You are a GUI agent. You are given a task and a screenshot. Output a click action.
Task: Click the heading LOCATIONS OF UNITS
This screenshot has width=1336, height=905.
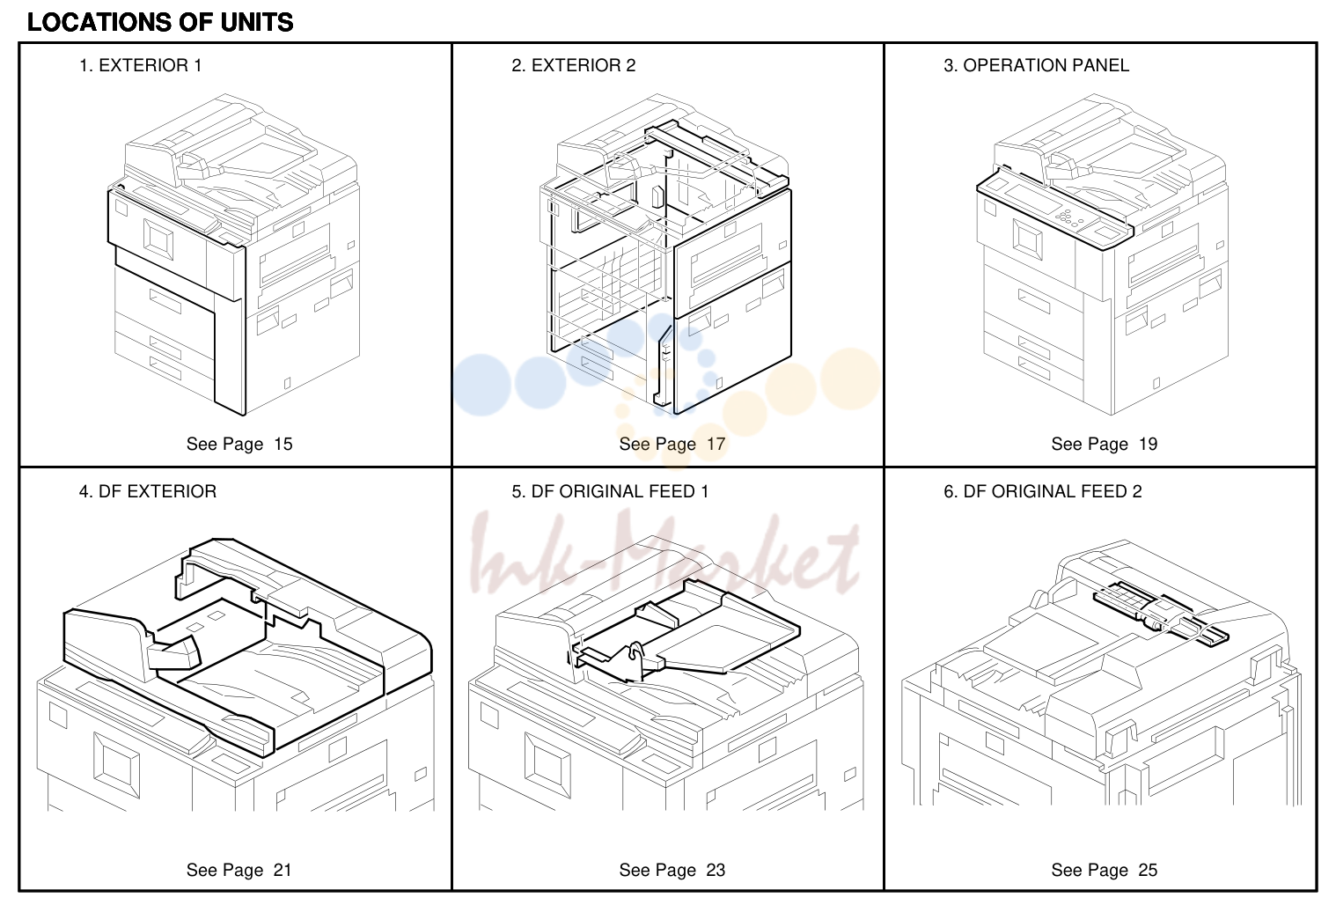(x=160, y=23)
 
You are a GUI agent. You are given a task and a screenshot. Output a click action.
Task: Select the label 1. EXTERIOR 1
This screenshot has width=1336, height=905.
(x=141, y=65)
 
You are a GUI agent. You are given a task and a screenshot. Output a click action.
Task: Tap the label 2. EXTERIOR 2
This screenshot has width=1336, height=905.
(x=574, y=65)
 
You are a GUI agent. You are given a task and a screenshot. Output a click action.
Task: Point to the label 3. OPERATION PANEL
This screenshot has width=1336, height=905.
(x=1037, y=65)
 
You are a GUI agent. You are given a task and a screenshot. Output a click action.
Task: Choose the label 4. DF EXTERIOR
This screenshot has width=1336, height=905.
(x=148, y=491)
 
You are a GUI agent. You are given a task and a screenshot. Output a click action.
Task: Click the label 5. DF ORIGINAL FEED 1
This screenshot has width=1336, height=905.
(x=610, y=491)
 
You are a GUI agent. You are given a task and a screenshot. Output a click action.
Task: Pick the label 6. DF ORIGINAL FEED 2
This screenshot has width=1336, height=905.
(x=1043, y=491)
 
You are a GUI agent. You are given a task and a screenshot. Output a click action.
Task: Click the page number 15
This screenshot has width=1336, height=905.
(x=283, y=444)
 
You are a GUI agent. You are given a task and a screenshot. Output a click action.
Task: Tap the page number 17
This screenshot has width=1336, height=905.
(x=716, y=444)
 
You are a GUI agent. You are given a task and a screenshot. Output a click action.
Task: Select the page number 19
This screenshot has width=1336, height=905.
(x=1149, y=444)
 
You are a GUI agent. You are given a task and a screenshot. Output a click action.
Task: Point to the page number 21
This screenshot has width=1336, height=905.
(x=283, y=870)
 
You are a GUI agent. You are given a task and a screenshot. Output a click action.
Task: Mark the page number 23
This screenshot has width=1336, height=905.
(x=716, y=870)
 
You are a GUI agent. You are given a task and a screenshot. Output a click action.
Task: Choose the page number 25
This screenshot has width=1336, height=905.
(x=1149, y=870)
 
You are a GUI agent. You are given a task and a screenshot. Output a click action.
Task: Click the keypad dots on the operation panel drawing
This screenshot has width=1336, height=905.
(x=1068, y=217)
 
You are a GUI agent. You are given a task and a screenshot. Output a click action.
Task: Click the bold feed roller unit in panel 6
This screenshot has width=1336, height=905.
(x=1160, y=614)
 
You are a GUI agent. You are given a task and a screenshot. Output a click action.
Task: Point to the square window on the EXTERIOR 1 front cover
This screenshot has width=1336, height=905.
(x=158, y=239)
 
